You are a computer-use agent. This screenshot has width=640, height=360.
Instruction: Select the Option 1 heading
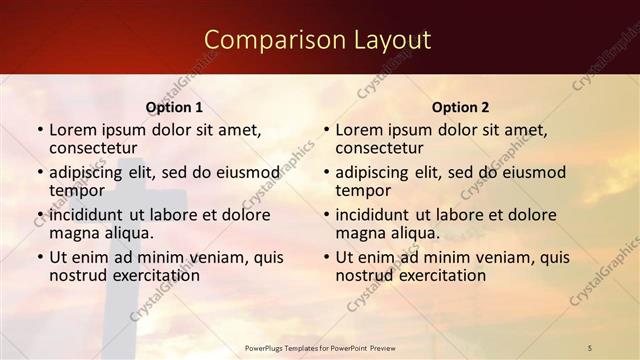(174, 107)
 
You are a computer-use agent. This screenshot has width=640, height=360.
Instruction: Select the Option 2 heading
(460, 107)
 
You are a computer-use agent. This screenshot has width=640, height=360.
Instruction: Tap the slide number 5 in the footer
(589, 347)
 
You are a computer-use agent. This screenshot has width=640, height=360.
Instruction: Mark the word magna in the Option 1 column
(73, 232)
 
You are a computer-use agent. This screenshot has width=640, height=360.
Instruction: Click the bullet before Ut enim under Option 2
(326, 257)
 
